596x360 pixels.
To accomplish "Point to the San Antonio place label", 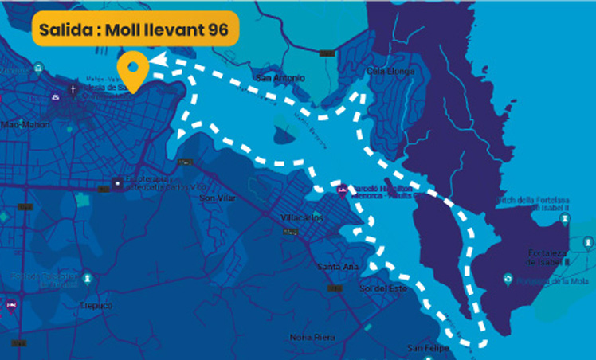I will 278,78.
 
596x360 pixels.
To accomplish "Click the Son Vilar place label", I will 218,198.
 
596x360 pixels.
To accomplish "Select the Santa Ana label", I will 335,266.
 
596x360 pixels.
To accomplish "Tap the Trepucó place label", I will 96,304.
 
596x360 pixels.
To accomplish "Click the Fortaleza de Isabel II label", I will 546,257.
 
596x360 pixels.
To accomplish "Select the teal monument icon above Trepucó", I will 87,278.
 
